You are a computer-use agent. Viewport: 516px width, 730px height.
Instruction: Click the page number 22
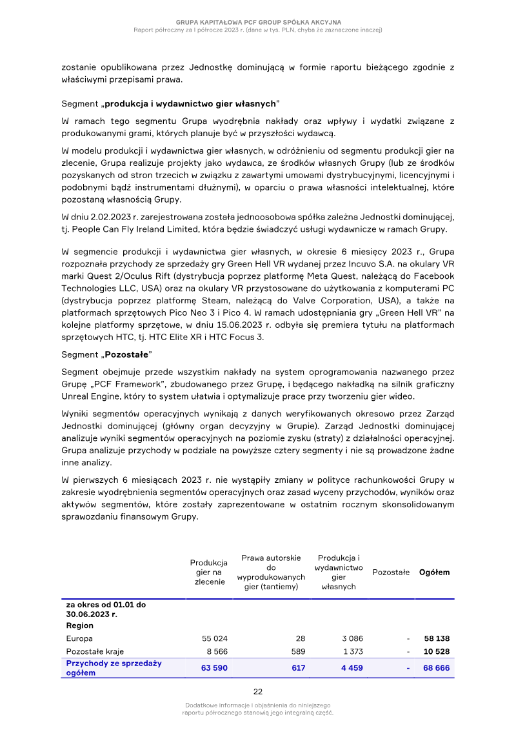point(257,692)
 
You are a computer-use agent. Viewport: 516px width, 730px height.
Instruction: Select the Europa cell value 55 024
point(215,638)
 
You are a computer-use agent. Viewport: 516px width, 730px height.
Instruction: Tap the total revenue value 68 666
point(436,668)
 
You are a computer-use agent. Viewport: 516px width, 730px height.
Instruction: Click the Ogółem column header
point(435,572)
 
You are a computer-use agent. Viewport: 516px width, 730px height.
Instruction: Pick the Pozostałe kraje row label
point(95,651)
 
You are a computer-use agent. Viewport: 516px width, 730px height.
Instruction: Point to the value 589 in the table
point(298,651)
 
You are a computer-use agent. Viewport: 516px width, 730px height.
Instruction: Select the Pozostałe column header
point(391,572)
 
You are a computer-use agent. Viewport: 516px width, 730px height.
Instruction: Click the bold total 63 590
point(214,668)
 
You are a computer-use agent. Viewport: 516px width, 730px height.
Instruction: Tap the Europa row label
point(79,638)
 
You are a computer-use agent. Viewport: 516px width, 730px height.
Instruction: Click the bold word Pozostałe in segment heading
point(126,355)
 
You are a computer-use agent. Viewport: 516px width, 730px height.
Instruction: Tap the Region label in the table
point(79,625)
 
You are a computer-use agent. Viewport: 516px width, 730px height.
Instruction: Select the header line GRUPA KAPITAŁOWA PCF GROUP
point(258,23)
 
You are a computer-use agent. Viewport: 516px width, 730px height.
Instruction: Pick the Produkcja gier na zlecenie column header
point(209,572)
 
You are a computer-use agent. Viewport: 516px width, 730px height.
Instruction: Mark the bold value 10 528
point(436,651)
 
